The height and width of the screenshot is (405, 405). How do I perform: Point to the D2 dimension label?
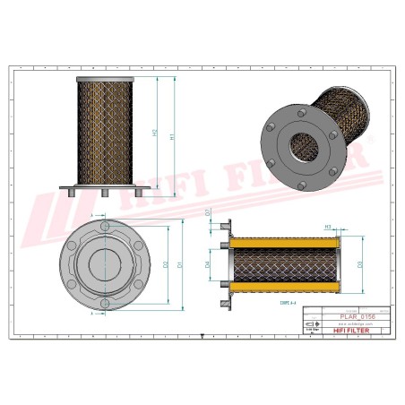pos(167,264)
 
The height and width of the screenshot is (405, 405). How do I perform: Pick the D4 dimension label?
pos(207,265)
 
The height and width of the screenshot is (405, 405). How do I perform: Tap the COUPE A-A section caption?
pos(279,305)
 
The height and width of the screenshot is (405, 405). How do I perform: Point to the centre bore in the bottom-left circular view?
pos(104,265)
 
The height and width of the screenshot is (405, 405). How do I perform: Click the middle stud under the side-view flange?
pos(105,193)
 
